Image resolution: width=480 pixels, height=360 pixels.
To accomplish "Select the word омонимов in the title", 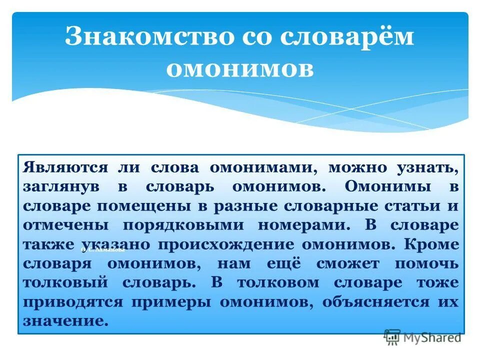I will pyautogui.click(x=239, y=69).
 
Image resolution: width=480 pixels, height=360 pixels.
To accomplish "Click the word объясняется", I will pyautogui.click(x=375, y=302).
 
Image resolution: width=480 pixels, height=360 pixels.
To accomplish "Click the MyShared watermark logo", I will pyautogui.click(x=422, y=337).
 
